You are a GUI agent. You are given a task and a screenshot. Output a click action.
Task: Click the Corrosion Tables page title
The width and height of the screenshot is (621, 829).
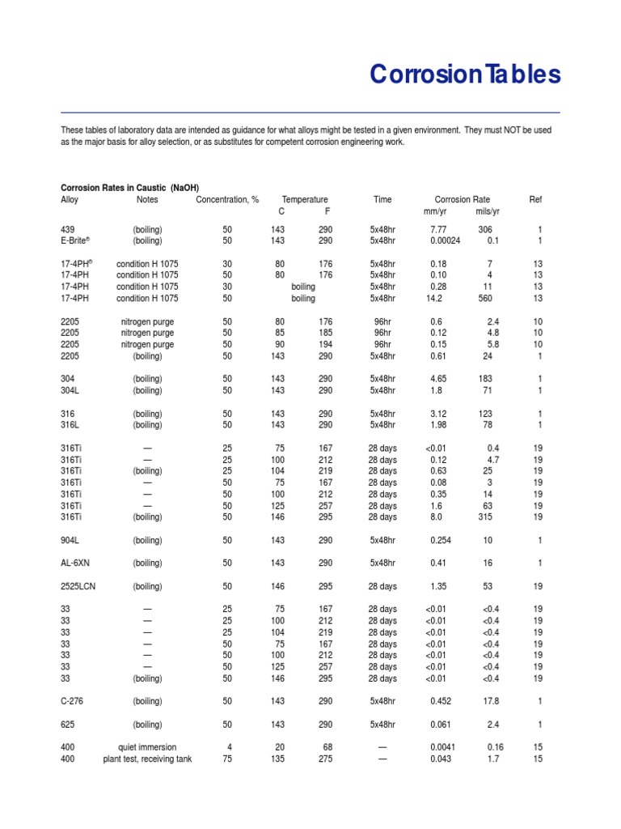465,75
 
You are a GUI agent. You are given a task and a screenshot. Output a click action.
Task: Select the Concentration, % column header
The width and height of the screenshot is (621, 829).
227,199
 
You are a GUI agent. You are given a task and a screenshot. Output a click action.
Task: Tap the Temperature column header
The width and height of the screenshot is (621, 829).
305,199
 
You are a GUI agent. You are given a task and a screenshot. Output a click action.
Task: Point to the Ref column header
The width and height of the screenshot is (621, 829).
535,199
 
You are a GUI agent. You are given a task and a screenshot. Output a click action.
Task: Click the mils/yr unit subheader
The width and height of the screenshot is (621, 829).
488,211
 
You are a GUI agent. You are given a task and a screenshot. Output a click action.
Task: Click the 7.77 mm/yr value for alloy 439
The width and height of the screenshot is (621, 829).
438,229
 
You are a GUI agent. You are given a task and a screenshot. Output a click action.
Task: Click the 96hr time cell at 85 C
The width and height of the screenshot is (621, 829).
382,333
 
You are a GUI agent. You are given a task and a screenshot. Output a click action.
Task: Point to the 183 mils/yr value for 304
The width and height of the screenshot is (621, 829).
486,378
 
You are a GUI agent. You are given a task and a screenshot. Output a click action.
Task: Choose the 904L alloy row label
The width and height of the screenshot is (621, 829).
72,539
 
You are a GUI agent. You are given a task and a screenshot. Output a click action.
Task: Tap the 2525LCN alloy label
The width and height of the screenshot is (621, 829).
79,585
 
